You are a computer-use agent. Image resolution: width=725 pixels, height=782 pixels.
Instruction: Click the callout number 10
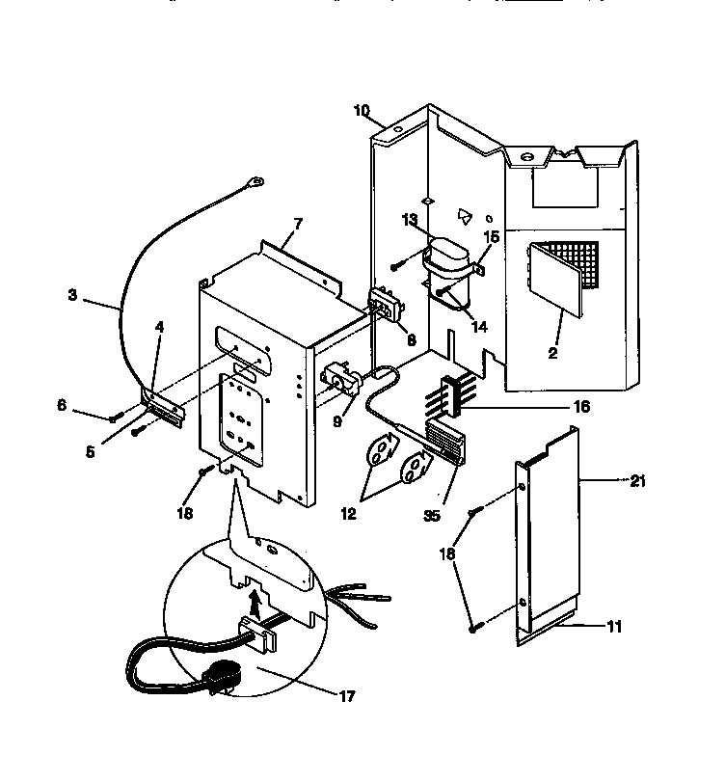pos(361,112)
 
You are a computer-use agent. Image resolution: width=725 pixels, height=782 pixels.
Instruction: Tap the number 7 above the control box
pos(298,223)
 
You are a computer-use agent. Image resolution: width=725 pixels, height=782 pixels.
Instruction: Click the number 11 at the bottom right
pos(612,627)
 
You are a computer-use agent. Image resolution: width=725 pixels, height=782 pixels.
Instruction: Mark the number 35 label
pos(432,516)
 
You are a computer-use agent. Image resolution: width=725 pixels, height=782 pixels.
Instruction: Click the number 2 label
pos(553,353)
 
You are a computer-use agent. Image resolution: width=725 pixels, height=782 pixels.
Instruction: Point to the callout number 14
pos(479,327)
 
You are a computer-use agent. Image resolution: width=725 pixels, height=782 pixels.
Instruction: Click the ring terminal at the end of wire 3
pos(256,179)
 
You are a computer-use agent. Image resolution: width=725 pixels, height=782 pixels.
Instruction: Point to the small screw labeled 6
pos(115,418)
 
